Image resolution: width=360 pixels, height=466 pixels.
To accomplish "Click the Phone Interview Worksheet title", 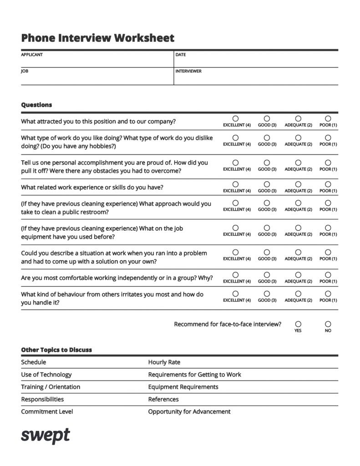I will [97, 38].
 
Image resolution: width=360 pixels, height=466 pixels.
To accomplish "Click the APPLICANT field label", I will [32, 55].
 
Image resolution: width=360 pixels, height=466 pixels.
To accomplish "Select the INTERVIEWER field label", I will [188, 71].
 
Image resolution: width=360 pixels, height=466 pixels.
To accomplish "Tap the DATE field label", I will [181, 55].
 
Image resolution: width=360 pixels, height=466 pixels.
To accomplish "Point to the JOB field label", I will [25, 71].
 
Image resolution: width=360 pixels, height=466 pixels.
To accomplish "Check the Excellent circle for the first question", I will [236, 118].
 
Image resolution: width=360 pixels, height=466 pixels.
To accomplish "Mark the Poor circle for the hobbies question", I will [328, 137].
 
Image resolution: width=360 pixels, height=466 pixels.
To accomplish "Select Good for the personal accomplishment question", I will [267, 162].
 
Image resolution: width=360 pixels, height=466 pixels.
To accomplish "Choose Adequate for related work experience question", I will [298, 184].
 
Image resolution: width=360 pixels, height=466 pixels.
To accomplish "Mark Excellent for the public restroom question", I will [236, 203].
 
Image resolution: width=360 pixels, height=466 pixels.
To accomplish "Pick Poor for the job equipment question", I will [328, 228].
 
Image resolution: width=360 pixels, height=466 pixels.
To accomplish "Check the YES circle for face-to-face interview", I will [298, 324].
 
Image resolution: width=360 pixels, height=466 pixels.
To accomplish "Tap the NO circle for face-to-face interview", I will [328, 324].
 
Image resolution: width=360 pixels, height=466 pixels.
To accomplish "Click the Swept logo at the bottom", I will [46, 435].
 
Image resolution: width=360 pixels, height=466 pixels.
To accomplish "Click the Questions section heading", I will [36, 105].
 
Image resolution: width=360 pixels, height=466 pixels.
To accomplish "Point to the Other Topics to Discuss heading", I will [56, 350].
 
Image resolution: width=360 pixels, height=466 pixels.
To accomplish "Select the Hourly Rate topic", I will [164, 362].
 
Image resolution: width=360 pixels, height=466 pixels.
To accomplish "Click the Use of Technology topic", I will [46, 375].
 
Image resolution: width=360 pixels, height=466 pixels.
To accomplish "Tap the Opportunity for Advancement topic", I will [189, 411].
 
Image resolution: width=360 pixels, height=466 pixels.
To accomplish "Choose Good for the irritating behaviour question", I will [267, 294].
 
